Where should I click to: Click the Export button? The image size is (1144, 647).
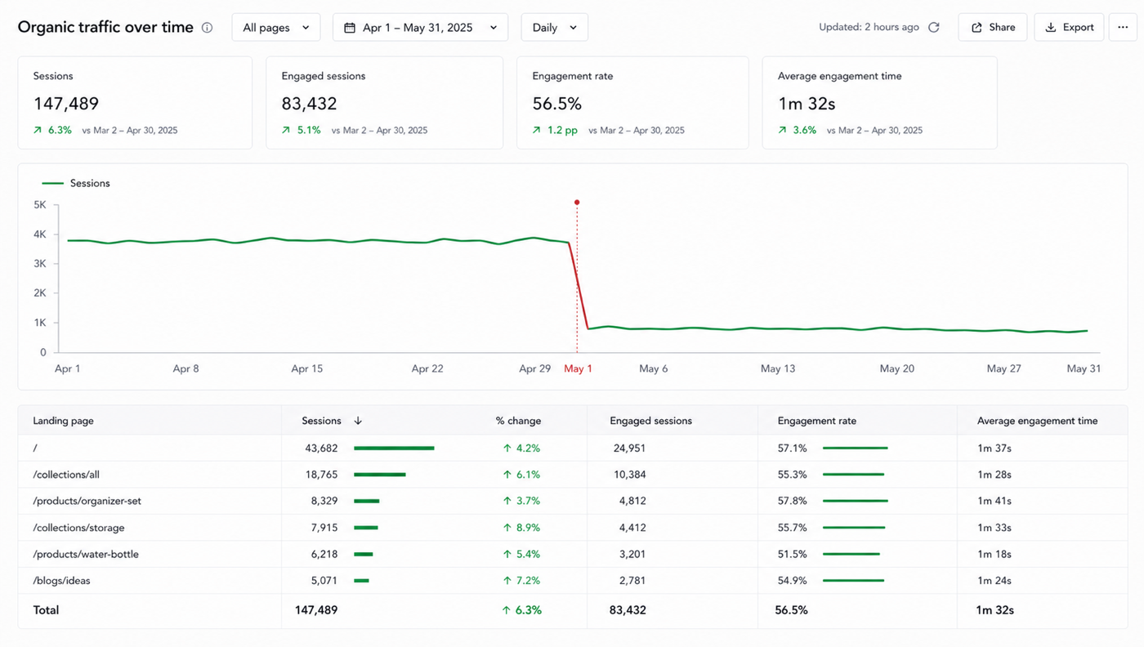1069,28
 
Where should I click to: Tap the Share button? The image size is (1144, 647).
992,28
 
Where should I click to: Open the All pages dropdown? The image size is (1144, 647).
276,28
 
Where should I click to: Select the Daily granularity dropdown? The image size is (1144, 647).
554,28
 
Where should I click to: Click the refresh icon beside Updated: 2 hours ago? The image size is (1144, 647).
933,28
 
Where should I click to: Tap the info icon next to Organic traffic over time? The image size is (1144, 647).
207,28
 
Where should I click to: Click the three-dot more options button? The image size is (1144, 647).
1123,28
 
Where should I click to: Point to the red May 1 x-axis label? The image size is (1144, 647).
578,368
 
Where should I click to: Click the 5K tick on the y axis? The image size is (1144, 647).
40,205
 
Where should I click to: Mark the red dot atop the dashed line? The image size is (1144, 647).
577,203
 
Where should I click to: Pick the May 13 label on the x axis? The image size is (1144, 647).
778,368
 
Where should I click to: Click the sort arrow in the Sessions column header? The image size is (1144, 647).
358,421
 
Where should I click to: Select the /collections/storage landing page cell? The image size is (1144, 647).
78,528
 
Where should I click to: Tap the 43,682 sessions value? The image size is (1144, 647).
321,448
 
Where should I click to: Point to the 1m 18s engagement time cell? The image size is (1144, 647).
994,554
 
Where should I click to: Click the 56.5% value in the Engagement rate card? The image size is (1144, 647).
556,105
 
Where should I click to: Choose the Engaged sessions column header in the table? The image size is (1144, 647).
650,421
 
